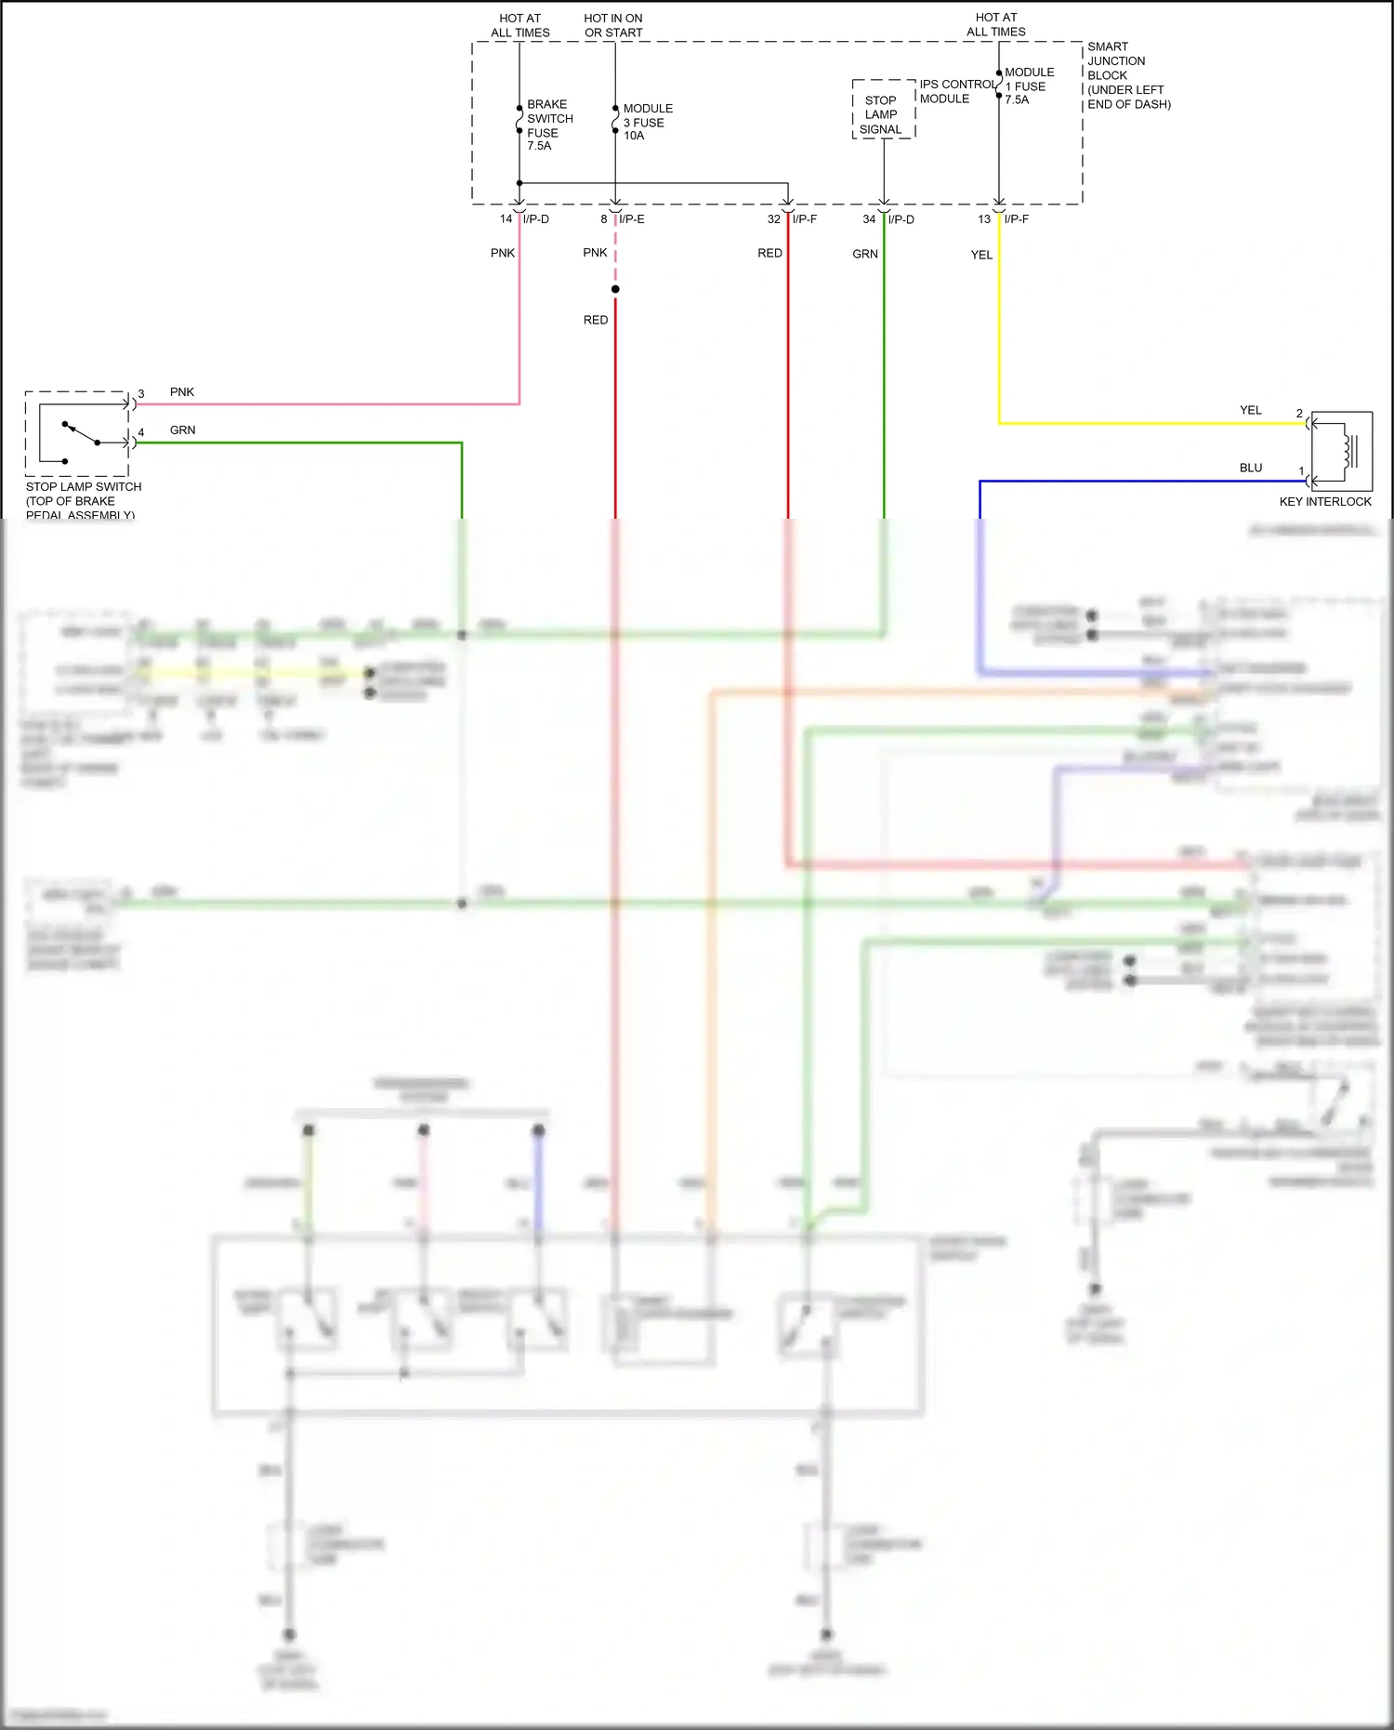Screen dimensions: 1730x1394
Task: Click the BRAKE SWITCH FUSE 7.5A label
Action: coord(548,125)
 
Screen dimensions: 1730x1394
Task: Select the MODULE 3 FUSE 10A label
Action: coord(647,122)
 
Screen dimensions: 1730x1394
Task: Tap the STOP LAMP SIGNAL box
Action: coord(882,114)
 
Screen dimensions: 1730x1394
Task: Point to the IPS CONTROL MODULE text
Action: coord(956,91)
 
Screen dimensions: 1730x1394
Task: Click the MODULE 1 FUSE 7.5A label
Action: coord(1028,86)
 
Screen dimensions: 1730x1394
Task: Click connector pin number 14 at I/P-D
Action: coord(506,219)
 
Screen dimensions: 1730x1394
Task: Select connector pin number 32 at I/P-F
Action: coord(773,219)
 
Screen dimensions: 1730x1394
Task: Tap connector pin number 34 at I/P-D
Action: coord(869,219)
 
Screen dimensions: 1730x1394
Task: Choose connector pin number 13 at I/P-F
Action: coord(984,219)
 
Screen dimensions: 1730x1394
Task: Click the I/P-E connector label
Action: coord(632,219)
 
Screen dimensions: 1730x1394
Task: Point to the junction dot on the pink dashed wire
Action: coord(615,289)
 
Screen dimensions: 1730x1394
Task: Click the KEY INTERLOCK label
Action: coord(1325,502)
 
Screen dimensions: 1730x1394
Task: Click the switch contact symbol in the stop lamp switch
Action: coord(80,434)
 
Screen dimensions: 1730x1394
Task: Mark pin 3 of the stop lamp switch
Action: coord(141,394)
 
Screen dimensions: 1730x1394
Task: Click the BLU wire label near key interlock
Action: coord(1251,468)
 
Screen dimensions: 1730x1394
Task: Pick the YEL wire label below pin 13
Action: coord(981,255)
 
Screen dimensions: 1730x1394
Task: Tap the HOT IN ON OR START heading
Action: coord(613,25)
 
